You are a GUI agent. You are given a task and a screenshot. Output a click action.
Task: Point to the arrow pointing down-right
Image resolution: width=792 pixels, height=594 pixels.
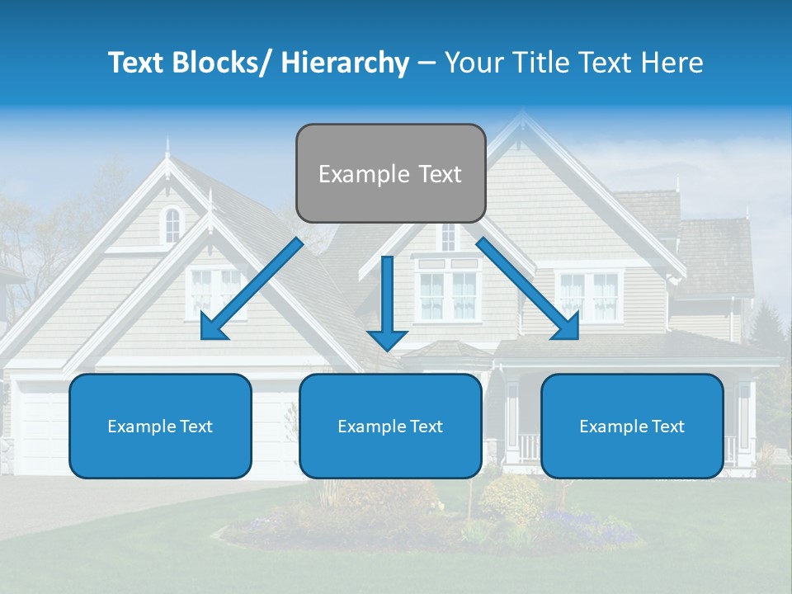(x=528, y=290)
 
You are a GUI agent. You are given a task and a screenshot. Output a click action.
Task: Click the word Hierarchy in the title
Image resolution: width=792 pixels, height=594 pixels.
(x=345, y=63)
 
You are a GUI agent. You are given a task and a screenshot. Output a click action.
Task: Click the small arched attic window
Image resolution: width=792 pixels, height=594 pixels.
(x=172, y=224)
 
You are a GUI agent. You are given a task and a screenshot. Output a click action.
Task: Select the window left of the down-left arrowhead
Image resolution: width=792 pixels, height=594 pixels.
(x=203, y=290)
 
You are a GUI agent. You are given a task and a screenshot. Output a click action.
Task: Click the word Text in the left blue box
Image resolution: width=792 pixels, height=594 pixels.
(x=196, y=427)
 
